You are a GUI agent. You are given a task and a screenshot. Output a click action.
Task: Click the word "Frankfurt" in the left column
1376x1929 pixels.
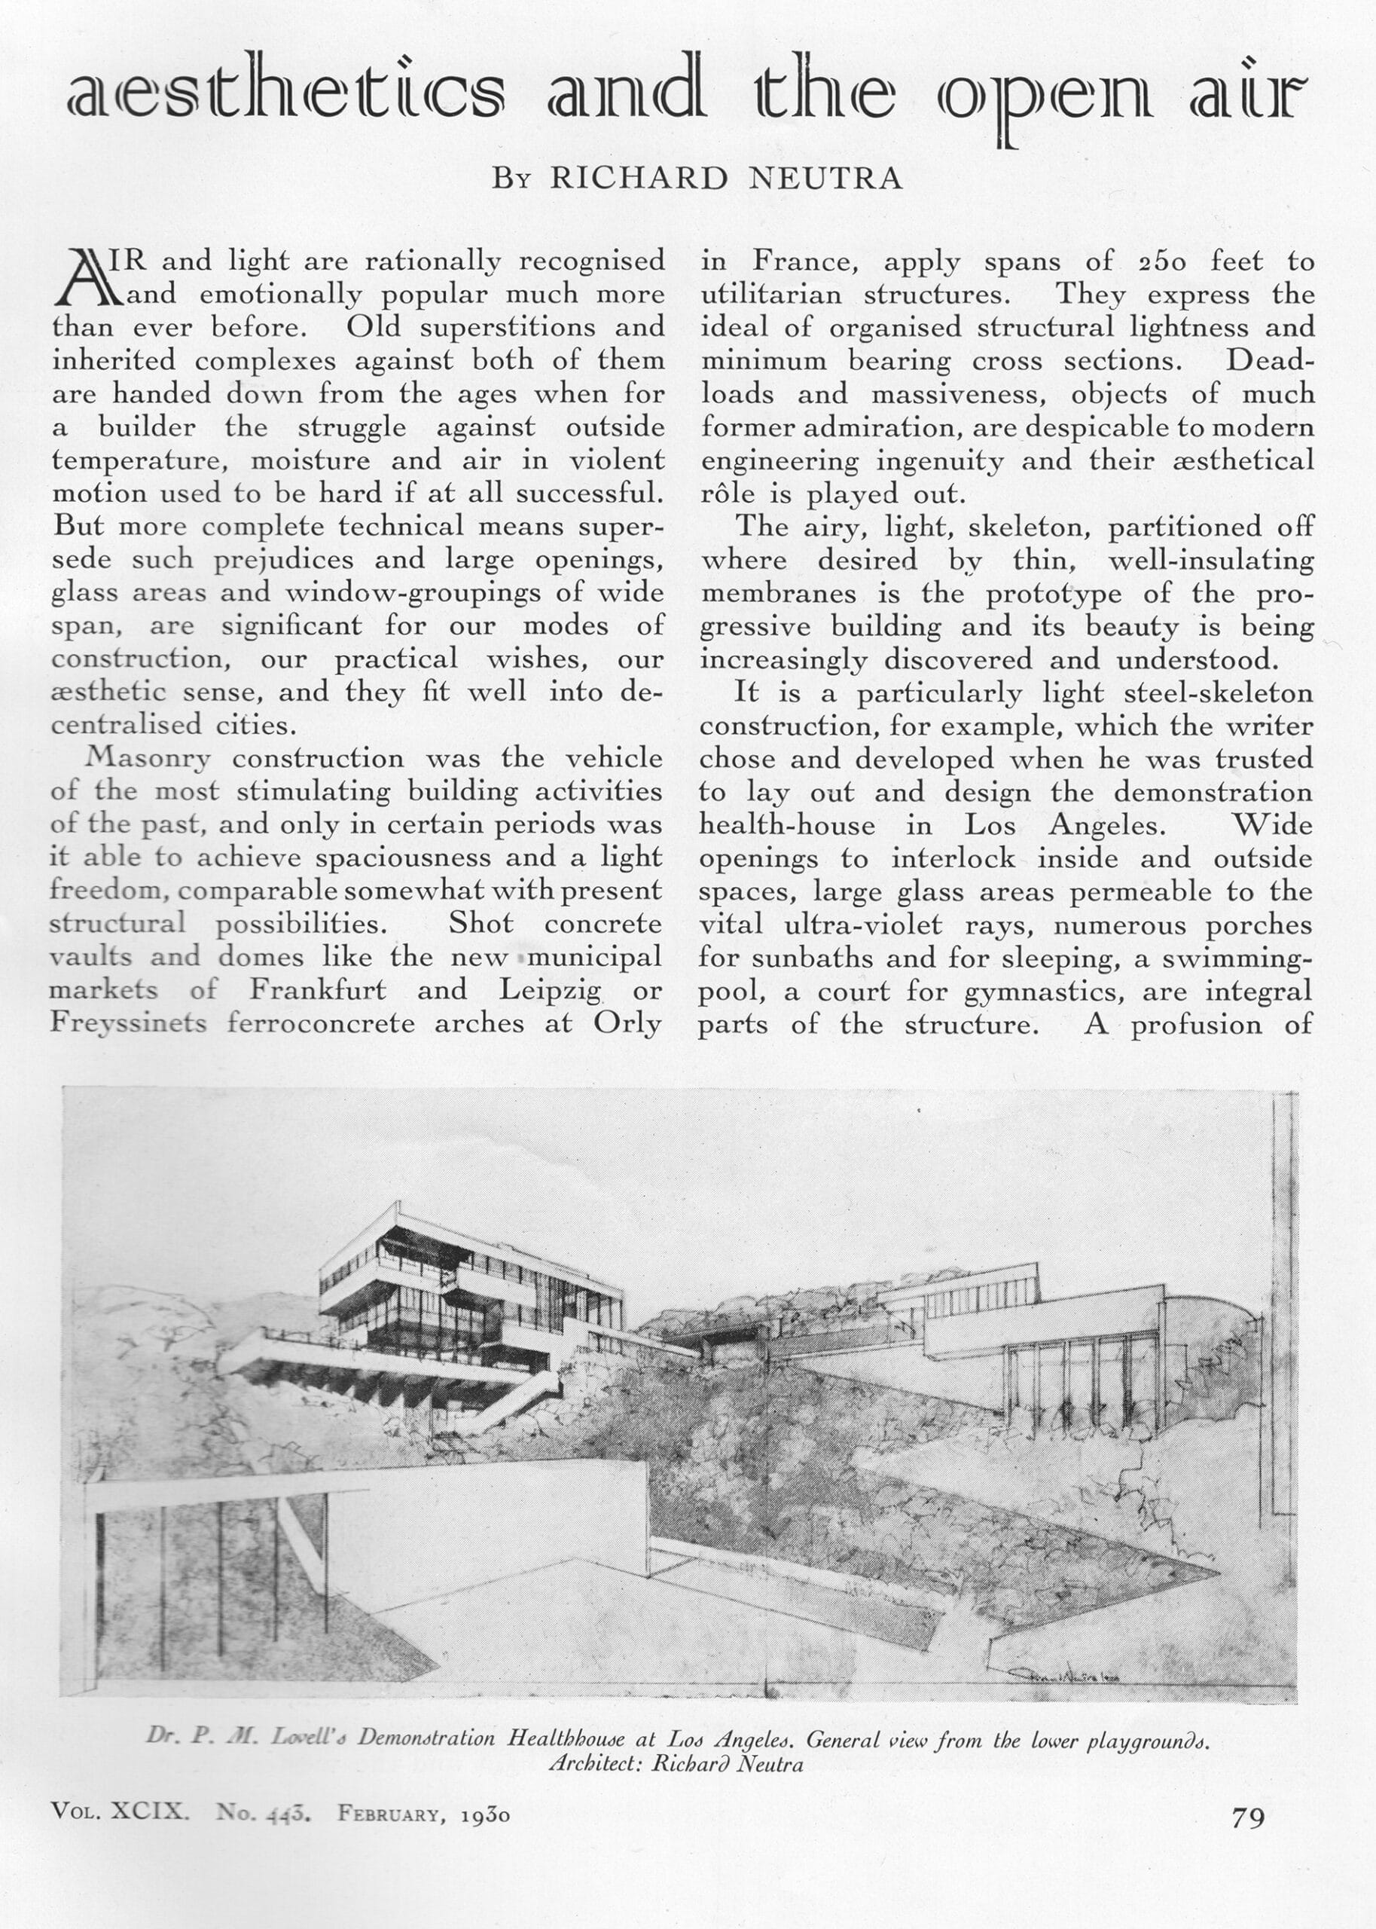318,990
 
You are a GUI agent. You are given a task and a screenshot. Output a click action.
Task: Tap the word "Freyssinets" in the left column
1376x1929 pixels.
128,1024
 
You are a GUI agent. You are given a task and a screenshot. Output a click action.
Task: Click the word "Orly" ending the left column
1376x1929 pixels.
627,1024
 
